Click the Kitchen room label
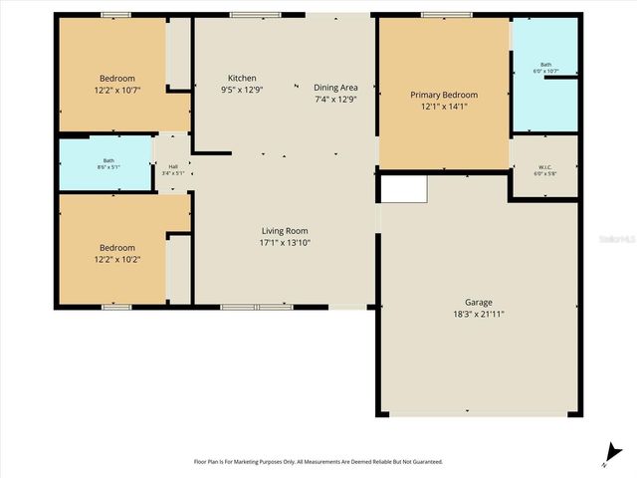(242, 78)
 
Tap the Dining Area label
(335, 87)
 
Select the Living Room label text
(286, 230)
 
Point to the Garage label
(478, 302)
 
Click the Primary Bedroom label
(444, 95)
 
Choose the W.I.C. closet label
(544, 166)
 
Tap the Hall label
(173, 166)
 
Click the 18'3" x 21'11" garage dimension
(478, 314)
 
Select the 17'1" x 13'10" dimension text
(286, 242)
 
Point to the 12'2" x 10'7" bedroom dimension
(116, 91)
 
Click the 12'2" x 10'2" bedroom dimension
(116, 260)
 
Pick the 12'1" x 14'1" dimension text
(444, 107)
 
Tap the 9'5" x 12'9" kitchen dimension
(242, 90)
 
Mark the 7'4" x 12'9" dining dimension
(335, 99)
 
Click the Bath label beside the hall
(108, 160)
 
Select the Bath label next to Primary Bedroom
(544, 65)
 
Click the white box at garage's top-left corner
(404, 187)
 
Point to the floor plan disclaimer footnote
(318, 461)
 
